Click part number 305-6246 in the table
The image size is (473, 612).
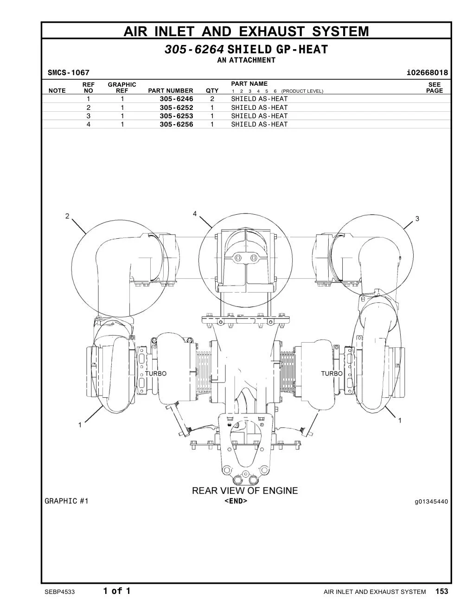[176, 99]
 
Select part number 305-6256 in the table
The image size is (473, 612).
[176, 124]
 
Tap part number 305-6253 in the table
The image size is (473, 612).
[176, 116]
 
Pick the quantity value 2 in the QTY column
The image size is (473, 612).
[212, 99]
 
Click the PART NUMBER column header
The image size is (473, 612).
[171, 91]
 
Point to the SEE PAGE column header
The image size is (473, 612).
[435, 88]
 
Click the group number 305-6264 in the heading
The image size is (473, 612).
[194, 50]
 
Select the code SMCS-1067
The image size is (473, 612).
[69, 73]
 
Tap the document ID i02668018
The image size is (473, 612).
[427, 73]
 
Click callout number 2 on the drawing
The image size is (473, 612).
[67, 216]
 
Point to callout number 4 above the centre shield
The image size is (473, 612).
[195, 214]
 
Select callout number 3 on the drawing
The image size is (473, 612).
[417, 218]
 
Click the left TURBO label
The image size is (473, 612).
[156, 373]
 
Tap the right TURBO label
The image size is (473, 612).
[332, 373]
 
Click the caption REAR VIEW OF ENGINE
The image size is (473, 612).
[245, 491]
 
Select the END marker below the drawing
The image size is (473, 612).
[236, 501]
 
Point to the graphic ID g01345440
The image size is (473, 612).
[431, 502]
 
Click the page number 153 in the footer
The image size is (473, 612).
[442, 592]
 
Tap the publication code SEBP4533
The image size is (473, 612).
[60, 592]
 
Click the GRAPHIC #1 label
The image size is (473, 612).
[66, 501]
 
